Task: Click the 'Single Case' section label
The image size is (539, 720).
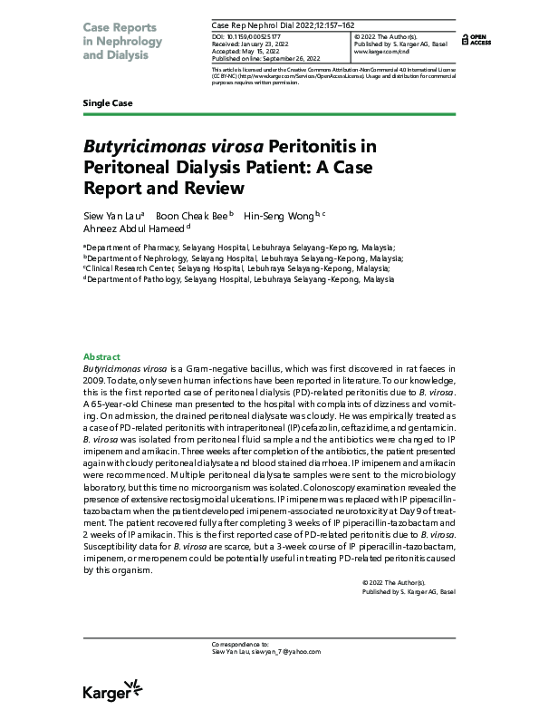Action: click(x=108, y=102)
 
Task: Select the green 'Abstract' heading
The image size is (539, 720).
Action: click(x=101, y=357)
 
